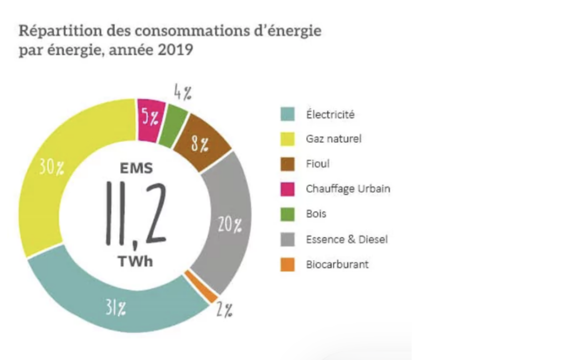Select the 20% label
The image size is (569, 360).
(229, 224)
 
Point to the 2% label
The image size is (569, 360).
(224, 311)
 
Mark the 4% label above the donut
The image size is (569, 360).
(183, 91)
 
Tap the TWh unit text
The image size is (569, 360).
(135, 262)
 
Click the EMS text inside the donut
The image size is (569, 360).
(135, 168)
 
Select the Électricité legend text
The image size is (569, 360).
(330, 115)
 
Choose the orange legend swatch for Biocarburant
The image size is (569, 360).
(287, 265)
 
